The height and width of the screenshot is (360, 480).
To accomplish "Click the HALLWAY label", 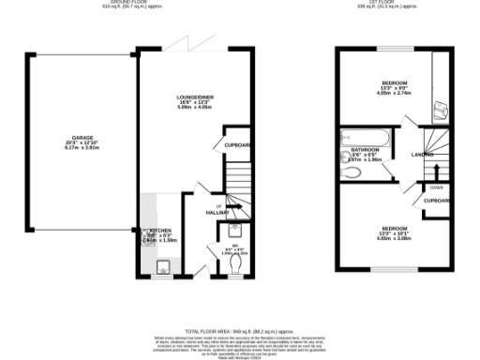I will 217,212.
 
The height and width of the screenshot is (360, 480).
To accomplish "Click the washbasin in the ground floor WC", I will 235,229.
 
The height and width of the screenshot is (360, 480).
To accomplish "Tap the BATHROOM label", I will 364,149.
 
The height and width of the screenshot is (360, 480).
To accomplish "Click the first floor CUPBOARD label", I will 437,200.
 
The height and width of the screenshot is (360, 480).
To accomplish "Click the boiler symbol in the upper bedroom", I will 442,110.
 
